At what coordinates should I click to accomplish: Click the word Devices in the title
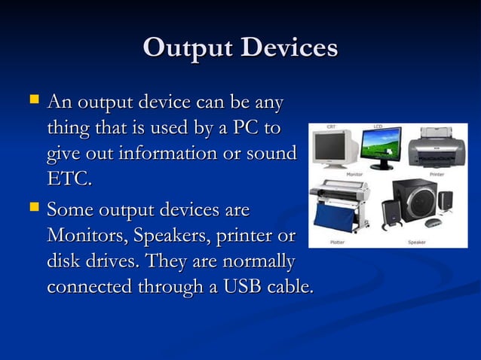tap(290, 47)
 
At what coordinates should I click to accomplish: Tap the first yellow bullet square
tap(32, 99)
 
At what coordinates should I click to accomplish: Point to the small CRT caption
tap(331, 127)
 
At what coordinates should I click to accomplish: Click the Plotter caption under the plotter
tap(337, 243)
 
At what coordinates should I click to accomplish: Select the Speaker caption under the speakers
tap(417, 243)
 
